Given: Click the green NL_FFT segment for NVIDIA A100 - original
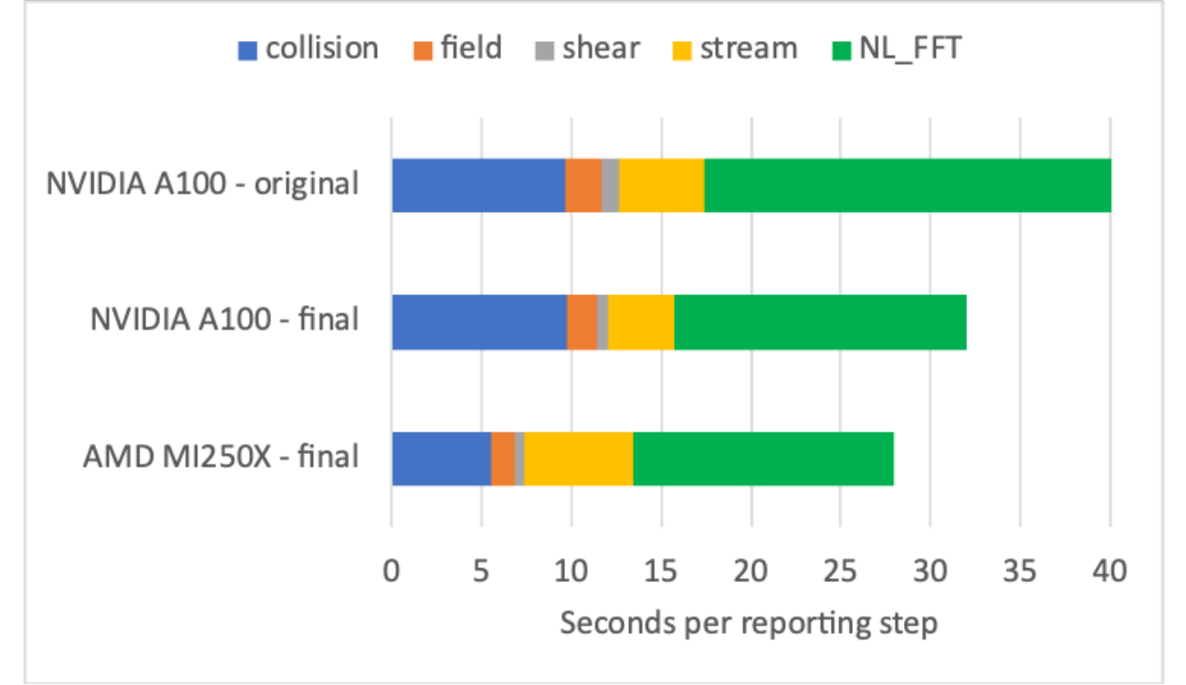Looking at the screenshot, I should pos(908,185).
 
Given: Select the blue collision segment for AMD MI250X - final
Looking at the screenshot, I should pos(441,458).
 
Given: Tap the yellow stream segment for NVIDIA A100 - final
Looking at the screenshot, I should pos(641,322).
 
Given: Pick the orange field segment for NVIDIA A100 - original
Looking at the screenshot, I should pos(583,185).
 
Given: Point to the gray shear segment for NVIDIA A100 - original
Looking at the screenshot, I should pos(610,185).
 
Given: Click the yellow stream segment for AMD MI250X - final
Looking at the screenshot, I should pos(578,458).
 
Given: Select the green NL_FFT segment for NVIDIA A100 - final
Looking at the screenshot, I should pos(820,322).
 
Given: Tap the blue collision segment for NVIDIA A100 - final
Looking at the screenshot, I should pos(479,322).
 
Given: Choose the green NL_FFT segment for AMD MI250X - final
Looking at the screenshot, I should pos(763,458).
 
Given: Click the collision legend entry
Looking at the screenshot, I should pos(308,48).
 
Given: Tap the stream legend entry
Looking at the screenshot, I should pos(737,48).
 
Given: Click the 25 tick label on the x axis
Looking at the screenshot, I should pos(841,574).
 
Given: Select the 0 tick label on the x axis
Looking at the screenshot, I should pos(392,574).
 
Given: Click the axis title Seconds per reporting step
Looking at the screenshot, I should pos(749,624).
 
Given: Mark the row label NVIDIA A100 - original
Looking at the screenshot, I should pos(203,184).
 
